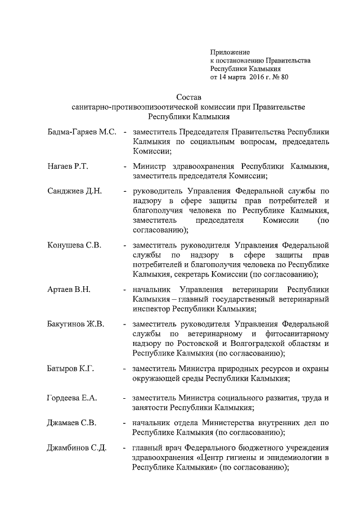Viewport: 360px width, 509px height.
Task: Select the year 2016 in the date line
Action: pos(253,77)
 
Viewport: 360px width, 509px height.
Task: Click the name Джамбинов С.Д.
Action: pos(76,448)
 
